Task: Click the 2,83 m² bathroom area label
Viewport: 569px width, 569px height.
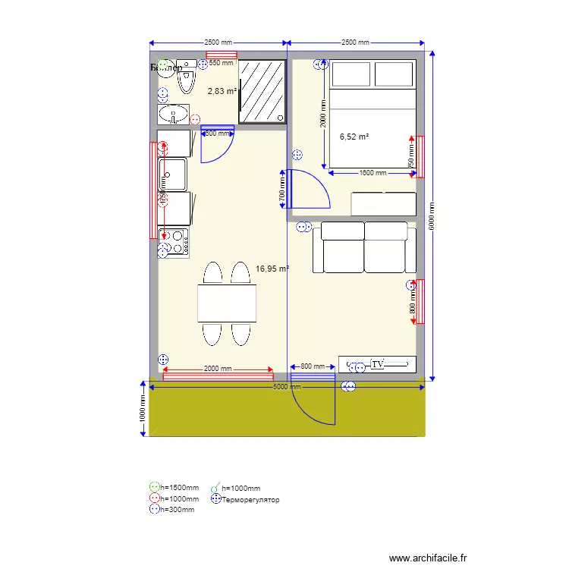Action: pos(222,92)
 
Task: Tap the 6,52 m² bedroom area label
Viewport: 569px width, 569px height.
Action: pos(354,137)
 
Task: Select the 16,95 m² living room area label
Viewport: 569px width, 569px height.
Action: pos(272,269)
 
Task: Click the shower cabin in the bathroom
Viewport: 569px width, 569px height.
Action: pos(262,92)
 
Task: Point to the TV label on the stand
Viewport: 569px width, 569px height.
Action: pos(378,365)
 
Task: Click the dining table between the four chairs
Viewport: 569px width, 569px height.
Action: pos(226,303)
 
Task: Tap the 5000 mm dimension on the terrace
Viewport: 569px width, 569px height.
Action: pos(287,387)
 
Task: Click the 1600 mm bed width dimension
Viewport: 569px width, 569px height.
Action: pos(373,173)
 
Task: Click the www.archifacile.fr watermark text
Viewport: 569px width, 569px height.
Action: pos(429,558)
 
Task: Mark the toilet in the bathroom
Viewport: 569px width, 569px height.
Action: pos(186,77)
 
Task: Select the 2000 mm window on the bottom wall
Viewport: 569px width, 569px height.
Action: pos(218,375)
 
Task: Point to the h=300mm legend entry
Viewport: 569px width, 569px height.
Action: pos(177,510)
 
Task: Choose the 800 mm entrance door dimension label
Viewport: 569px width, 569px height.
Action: pos(313,367)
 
